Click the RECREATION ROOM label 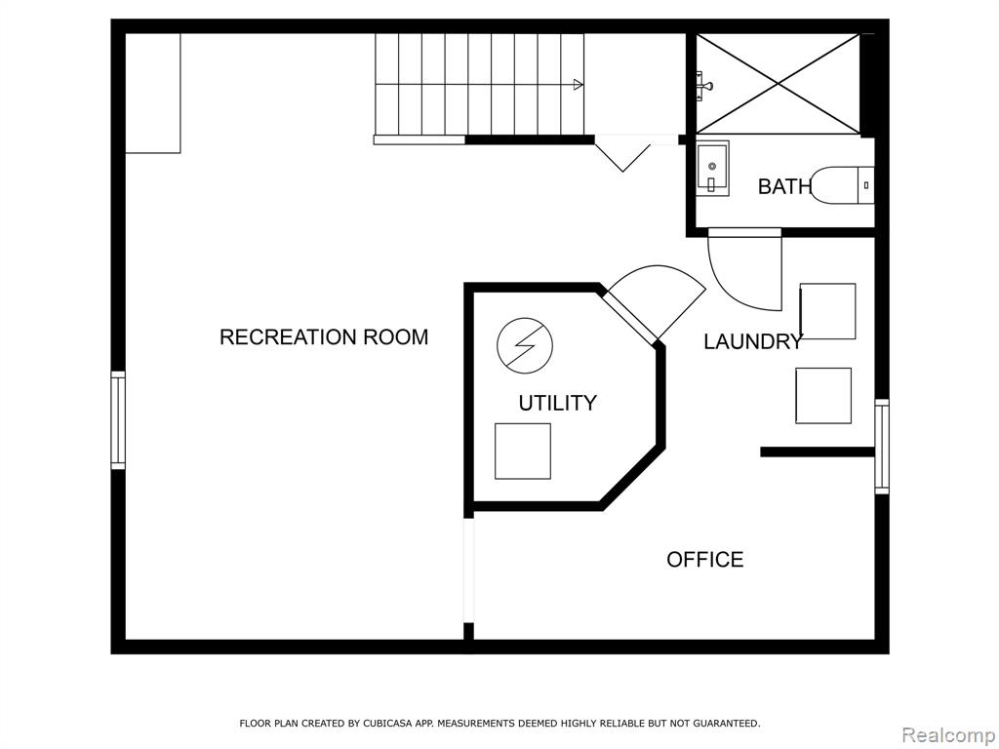(x=324, y=336)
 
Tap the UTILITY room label (x=557, y=403)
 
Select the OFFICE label (x=705, y=559)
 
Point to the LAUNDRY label (x=753, y=342)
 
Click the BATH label (x=785, y=186)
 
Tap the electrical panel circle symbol (x=525, y=346)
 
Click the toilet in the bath (x=842, y=185)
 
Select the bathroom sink (x=712, y=169)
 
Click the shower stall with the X (x=778, y=84)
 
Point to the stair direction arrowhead (x=579, y=84)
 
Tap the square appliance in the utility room (x=523, y=451)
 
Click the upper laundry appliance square (x=827, y=311)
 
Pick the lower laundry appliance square (x=823, y=396)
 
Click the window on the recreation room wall (x=118, y=420)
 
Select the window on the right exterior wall (x=882, y=447)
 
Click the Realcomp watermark (x=948, y=735)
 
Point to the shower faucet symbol (x=703, y=86)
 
